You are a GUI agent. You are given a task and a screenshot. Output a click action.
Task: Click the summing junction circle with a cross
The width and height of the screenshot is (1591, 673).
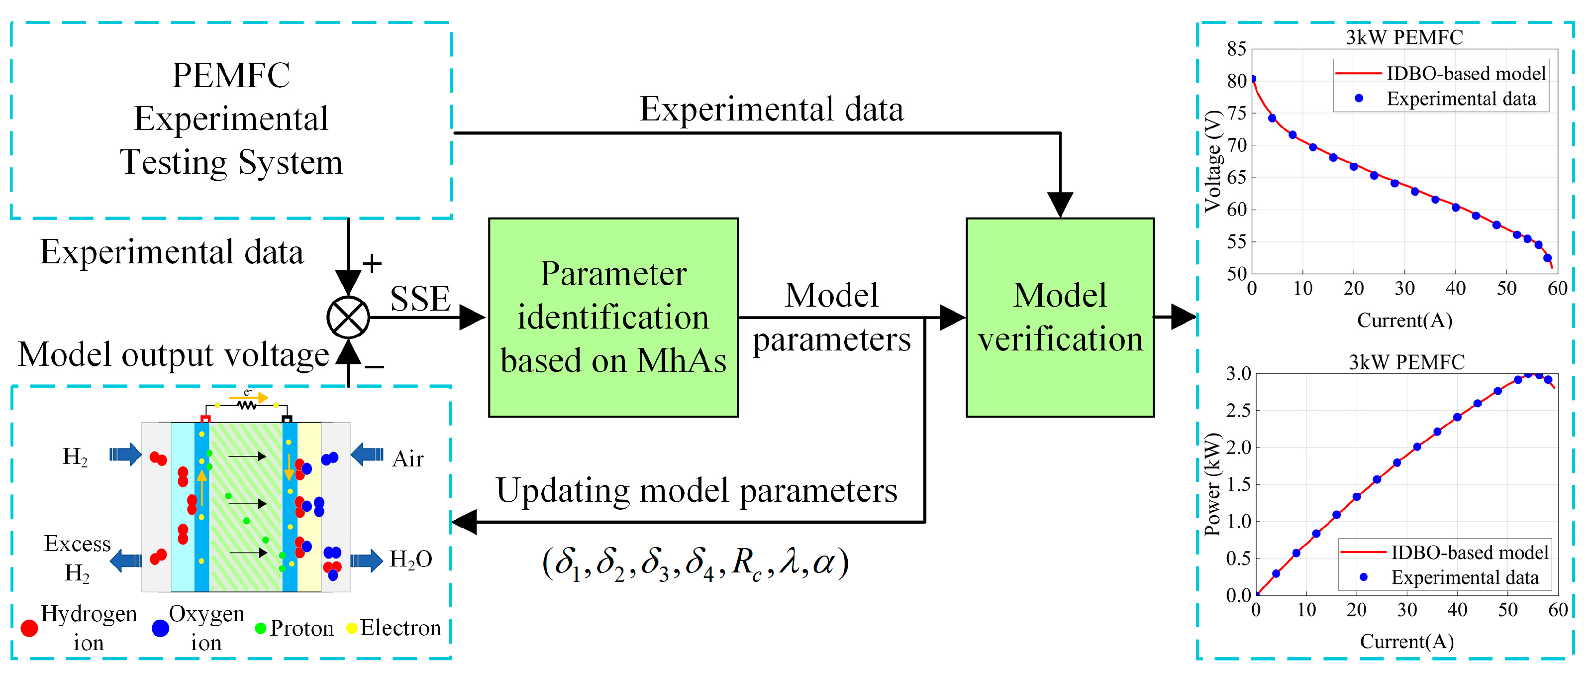click(348, 318)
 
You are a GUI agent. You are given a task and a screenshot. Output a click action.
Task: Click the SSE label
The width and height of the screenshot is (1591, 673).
click(420, 299)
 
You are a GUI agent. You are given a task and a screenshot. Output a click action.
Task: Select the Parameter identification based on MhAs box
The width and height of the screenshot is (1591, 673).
click(613, 318)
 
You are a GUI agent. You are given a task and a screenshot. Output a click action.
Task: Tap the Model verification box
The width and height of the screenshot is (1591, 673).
click(1059, 318)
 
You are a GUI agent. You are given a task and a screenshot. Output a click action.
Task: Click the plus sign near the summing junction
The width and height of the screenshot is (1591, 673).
click(372, 264)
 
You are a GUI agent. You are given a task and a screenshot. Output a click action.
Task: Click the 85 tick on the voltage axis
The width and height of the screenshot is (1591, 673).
click(1236, 49)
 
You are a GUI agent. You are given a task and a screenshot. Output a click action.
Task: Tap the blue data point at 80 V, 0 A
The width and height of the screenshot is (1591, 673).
click(1253, 79)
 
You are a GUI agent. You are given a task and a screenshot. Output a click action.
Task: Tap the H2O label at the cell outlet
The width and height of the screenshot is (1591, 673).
click(410, 560)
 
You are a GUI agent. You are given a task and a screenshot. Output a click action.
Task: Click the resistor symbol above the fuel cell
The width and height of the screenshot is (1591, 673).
click(246, 405)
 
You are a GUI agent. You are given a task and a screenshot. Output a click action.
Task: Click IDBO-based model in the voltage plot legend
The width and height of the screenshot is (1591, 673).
click(1465, 74)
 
